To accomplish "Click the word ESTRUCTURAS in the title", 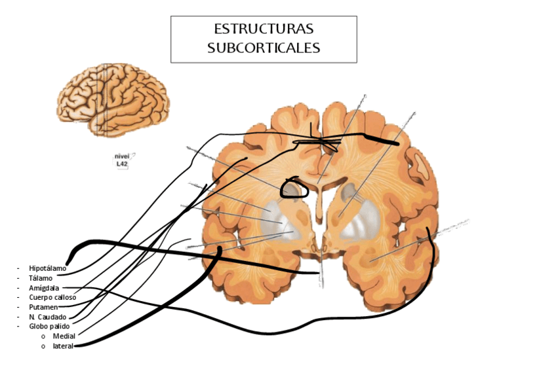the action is point(264,29).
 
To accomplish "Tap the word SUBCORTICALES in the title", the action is point(264,48).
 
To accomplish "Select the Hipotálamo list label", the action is point(47,268).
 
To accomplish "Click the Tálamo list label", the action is point(41,278).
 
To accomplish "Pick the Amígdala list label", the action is point(44,288).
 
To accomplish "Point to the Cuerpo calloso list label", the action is point(52,297).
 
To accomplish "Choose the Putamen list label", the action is point(43,307).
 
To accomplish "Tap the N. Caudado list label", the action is point(48,317).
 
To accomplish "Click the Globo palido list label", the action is point(49,326).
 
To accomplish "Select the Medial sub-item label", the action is point(64,336).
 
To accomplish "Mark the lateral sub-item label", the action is point(63,346).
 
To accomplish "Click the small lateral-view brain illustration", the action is point(113,99).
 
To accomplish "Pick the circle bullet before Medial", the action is point(43,336).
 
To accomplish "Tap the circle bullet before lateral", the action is point(43,346).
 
